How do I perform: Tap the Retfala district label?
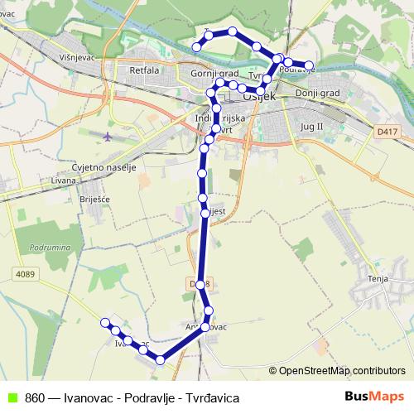[x=144, y=70]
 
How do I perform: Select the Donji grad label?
[x=317, y=94]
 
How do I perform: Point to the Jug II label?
[x=307, y=126]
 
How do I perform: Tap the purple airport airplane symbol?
[x=108, y=135]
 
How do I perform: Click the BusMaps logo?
[x=375, y=397]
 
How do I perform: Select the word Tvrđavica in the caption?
[x=214, y=397]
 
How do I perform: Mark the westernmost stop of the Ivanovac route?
[x=105, y=322]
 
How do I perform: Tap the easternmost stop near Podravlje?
[x=310, y=65]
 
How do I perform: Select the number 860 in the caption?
[x=35, y=397]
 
